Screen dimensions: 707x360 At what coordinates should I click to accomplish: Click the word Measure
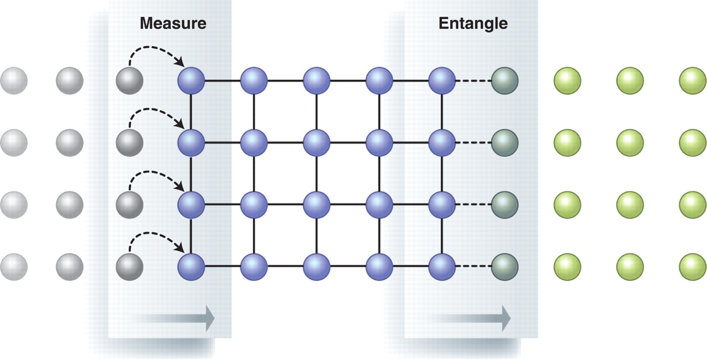(173, 23)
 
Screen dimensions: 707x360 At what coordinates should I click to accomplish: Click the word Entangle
(473, 24)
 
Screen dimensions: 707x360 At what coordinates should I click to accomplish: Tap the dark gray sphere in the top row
(129, 81)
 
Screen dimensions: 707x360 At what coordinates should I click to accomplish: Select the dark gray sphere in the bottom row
(129, 267)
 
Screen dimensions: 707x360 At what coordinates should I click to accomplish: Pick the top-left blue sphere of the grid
(191, 81)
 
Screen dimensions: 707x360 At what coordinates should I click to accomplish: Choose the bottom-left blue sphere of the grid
(191, 267)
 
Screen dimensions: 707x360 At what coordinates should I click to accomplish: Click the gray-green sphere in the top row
(505, 81)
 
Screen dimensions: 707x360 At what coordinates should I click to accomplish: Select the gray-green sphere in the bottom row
(505, 267)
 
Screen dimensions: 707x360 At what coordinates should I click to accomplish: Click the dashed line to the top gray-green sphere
(473, 81)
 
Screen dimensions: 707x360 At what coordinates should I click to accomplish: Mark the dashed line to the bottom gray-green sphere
(473, 267)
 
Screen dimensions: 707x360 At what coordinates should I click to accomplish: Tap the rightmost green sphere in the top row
(693, 81)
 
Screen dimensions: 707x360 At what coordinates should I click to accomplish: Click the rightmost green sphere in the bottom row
(693, 267)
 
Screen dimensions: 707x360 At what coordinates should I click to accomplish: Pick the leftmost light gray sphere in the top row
(14, 81)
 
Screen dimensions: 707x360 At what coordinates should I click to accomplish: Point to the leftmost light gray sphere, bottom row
(14, 267)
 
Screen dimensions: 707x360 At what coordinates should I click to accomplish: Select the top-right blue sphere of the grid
(442, 81)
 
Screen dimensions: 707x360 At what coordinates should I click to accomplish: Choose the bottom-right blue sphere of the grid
(442, 267)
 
